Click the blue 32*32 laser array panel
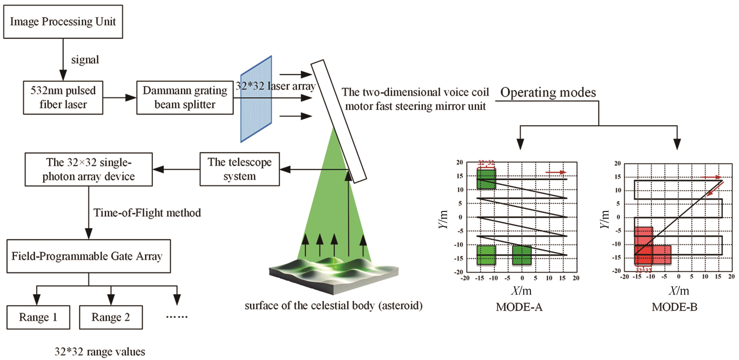point(256,99)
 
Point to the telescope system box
point(240,169)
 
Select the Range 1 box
point(38,317)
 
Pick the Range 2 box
point(111,317)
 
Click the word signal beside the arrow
point(85,60)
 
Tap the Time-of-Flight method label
point(147,213)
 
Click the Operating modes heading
point(548,92)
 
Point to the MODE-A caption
point(519,307)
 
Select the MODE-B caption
point(674,307)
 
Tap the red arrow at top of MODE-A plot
point(556,172)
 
